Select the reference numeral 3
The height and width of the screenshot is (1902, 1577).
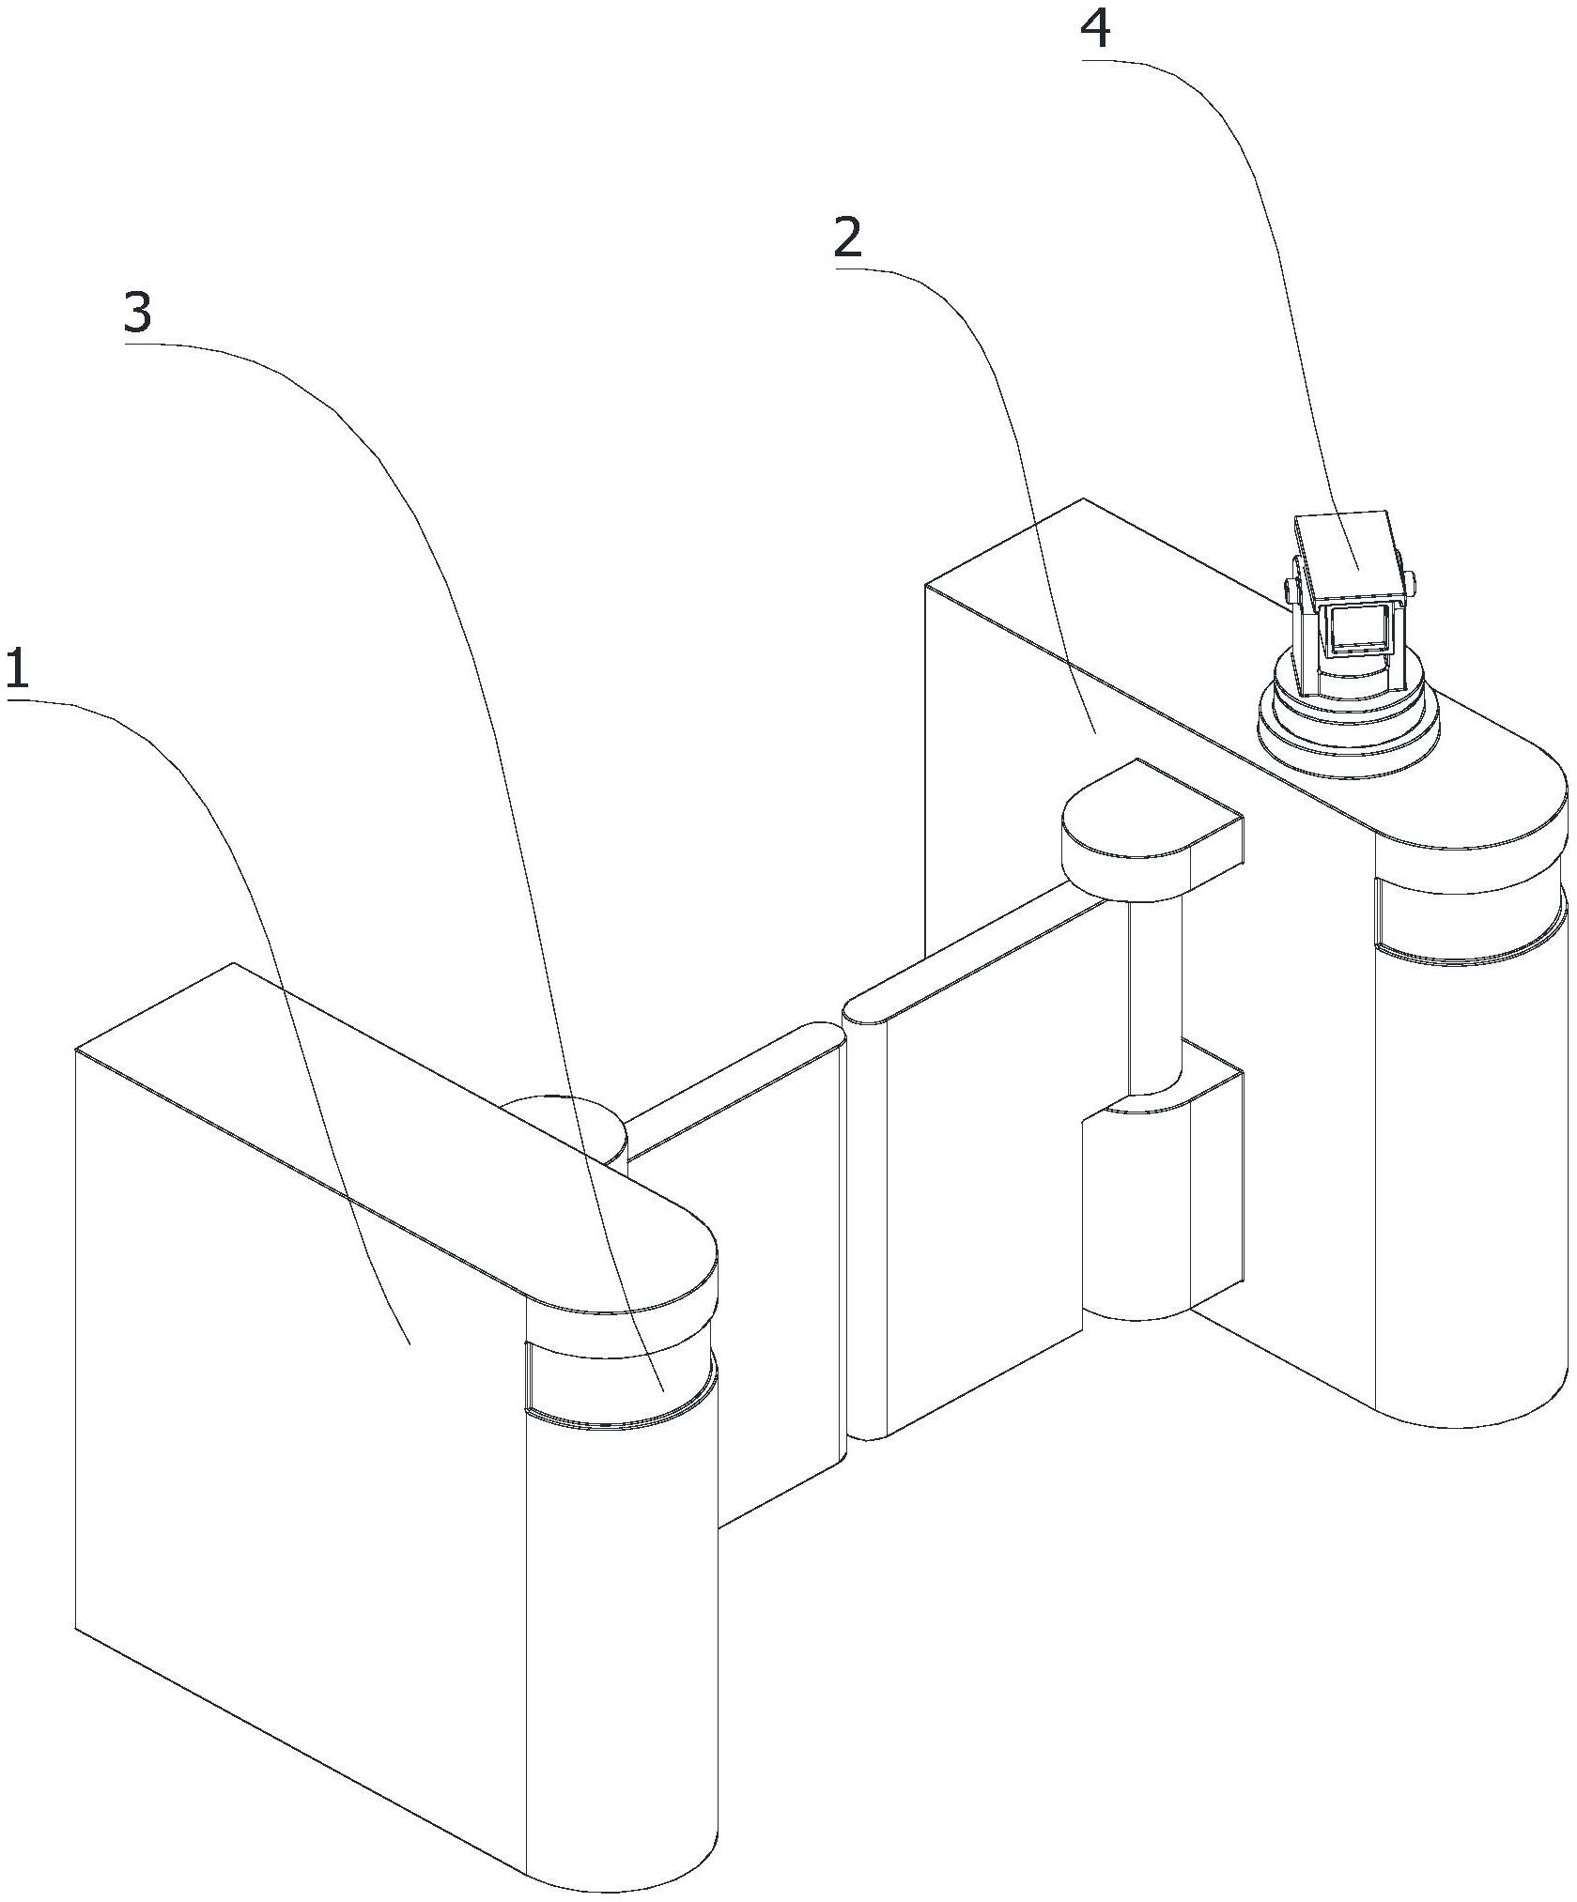(x=137, y=313)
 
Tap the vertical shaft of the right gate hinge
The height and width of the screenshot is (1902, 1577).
(x=1155, y=996)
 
